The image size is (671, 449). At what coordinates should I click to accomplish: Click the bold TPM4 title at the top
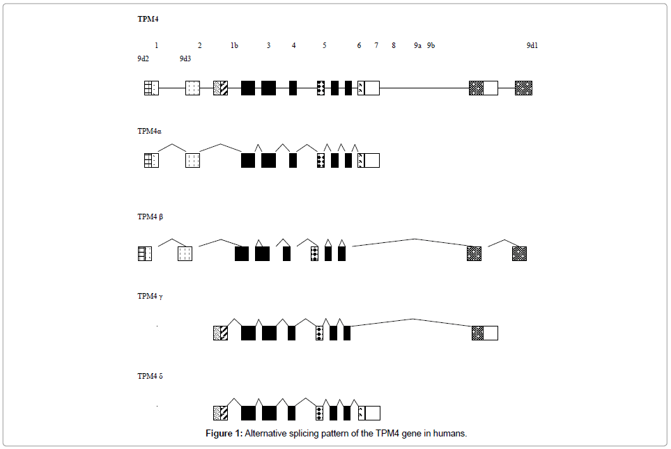(x=148, y=19)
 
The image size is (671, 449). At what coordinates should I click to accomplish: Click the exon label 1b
(x=234, y=45)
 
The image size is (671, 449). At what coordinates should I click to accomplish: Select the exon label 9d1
(x=532, y=45)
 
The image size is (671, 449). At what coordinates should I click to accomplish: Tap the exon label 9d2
(x=143, y=58)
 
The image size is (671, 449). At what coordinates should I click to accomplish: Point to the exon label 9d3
(x=185, y=58)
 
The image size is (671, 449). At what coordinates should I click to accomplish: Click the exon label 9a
(x=417, y=45)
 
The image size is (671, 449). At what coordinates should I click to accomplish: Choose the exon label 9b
(x=431, y=45)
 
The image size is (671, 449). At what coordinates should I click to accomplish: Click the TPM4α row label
(x=150, y=131)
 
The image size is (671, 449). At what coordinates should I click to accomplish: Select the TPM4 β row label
(x=151, y=216)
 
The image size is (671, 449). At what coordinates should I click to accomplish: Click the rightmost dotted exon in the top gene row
(x=523, y=88)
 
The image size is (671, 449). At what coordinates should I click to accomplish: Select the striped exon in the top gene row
(x=220, y=88)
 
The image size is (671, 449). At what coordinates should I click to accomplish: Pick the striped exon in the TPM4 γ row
(x=220, y=333)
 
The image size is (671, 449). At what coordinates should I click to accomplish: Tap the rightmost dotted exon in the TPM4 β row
(x=519, y=253)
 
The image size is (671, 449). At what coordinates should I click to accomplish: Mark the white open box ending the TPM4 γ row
(x=491, y=333)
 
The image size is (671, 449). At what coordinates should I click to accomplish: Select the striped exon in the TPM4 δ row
(x=220, y=413)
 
